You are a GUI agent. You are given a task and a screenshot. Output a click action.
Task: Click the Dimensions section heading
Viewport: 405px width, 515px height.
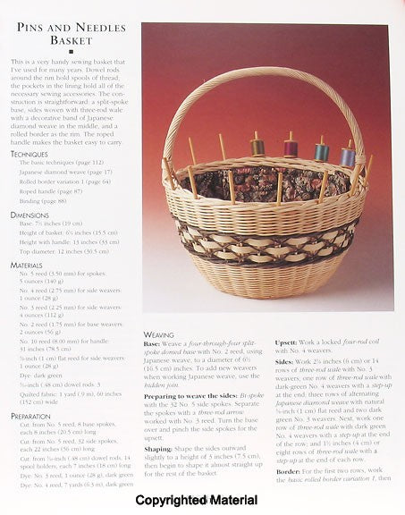tap(30, 215)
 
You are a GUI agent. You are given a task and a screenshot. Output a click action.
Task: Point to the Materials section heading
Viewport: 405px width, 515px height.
tap(30, 266)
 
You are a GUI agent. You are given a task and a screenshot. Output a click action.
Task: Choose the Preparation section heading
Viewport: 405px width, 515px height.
tap(32, 416)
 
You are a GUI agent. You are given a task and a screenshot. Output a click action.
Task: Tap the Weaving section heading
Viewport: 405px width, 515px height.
tap(158, 333)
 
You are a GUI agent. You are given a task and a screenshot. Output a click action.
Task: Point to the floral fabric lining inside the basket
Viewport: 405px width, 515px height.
tap(268, 183)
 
